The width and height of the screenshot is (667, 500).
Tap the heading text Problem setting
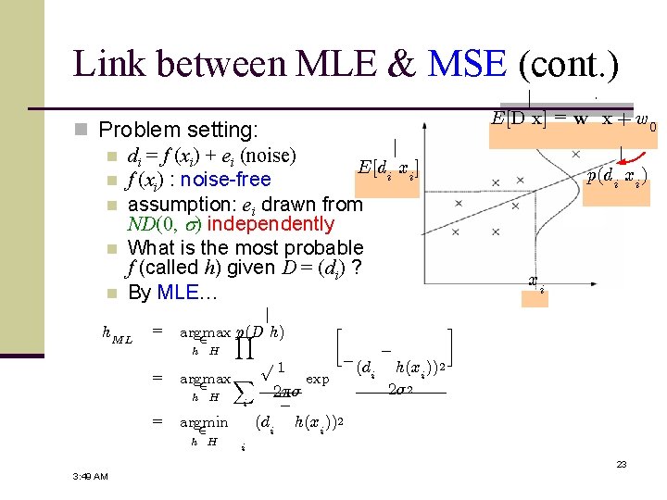click(x=179, y=130)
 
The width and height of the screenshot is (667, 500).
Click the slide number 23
click(x=622, y=463)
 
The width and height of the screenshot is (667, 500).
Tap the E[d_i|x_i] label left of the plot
click(x=388, y=169)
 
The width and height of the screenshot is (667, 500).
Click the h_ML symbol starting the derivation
click(x=117, y=336)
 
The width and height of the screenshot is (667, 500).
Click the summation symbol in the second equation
click(x=240, y=394)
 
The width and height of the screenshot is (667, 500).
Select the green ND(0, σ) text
click(x=163, y=224)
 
